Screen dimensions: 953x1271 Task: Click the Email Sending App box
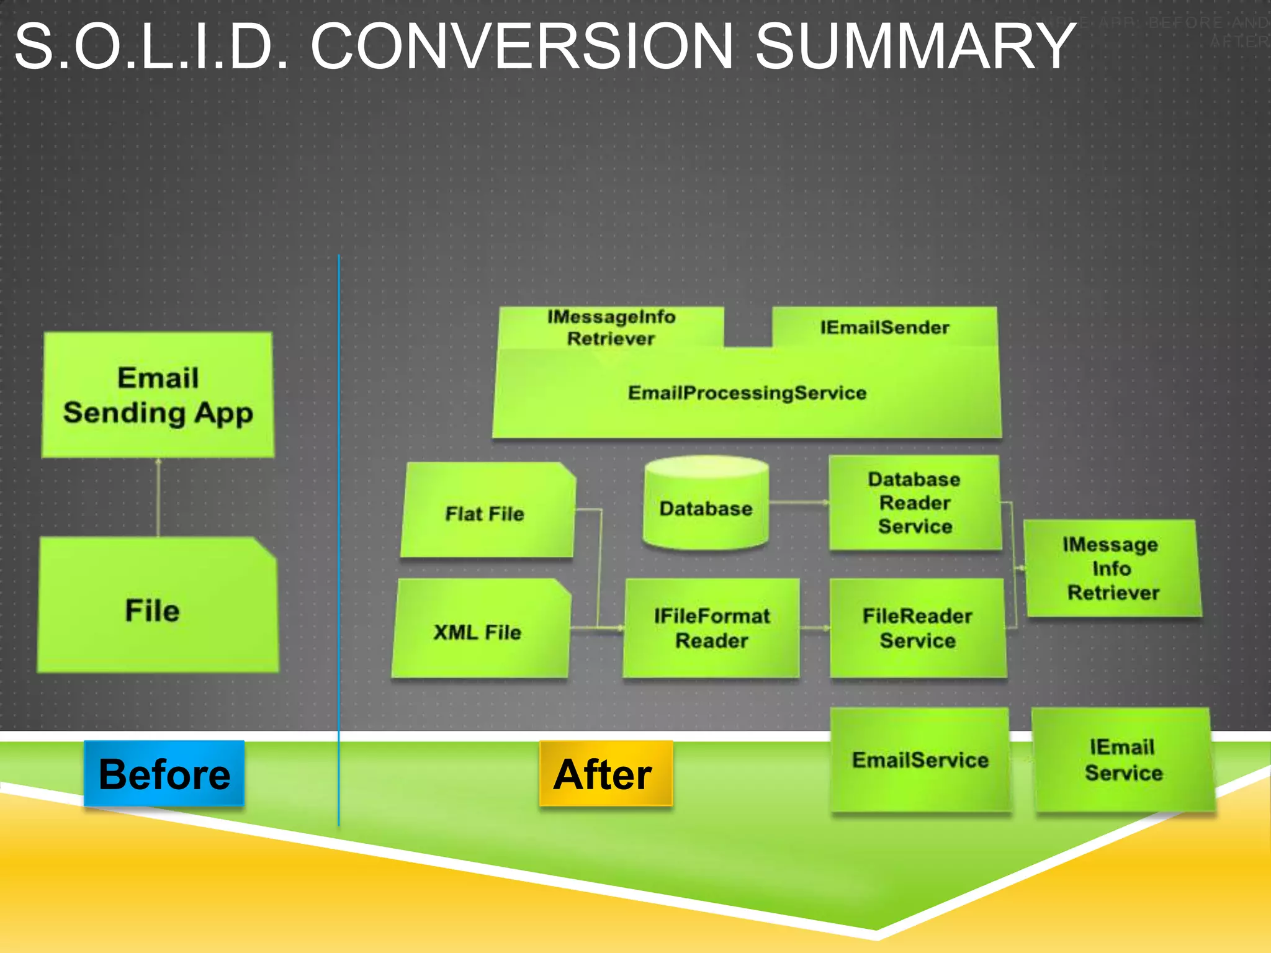click(x=158, y=395)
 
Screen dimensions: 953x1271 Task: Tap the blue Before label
click(x=164, y=773)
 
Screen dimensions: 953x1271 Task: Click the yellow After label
click(x=605, y=774)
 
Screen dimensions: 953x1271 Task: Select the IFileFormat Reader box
click(x=711, y=628)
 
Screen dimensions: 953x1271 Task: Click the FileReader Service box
click(x=917, y=628)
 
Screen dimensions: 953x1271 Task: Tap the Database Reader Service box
click(x=915, y=503)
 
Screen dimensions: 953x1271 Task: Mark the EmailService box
click(x=920, y=759)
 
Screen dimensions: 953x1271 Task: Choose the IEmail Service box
click(x=1123, y=759)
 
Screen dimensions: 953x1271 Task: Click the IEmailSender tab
click(x=884, y=327)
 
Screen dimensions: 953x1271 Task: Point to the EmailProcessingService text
click(x=747, y=393)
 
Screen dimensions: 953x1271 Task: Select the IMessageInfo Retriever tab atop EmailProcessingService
click(x=611, y=327)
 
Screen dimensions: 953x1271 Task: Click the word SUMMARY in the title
click(x=915, y=47)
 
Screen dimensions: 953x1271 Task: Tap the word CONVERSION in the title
click(x=521, y=47)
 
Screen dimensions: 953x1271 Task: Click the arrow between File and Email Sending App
click(x=158, y=497)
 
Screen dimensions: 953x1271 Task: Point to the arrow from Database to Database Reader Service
click(x=799, y=503)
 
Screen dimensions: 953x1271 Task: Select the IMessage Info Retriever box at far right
click(x=1112, y=568)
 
